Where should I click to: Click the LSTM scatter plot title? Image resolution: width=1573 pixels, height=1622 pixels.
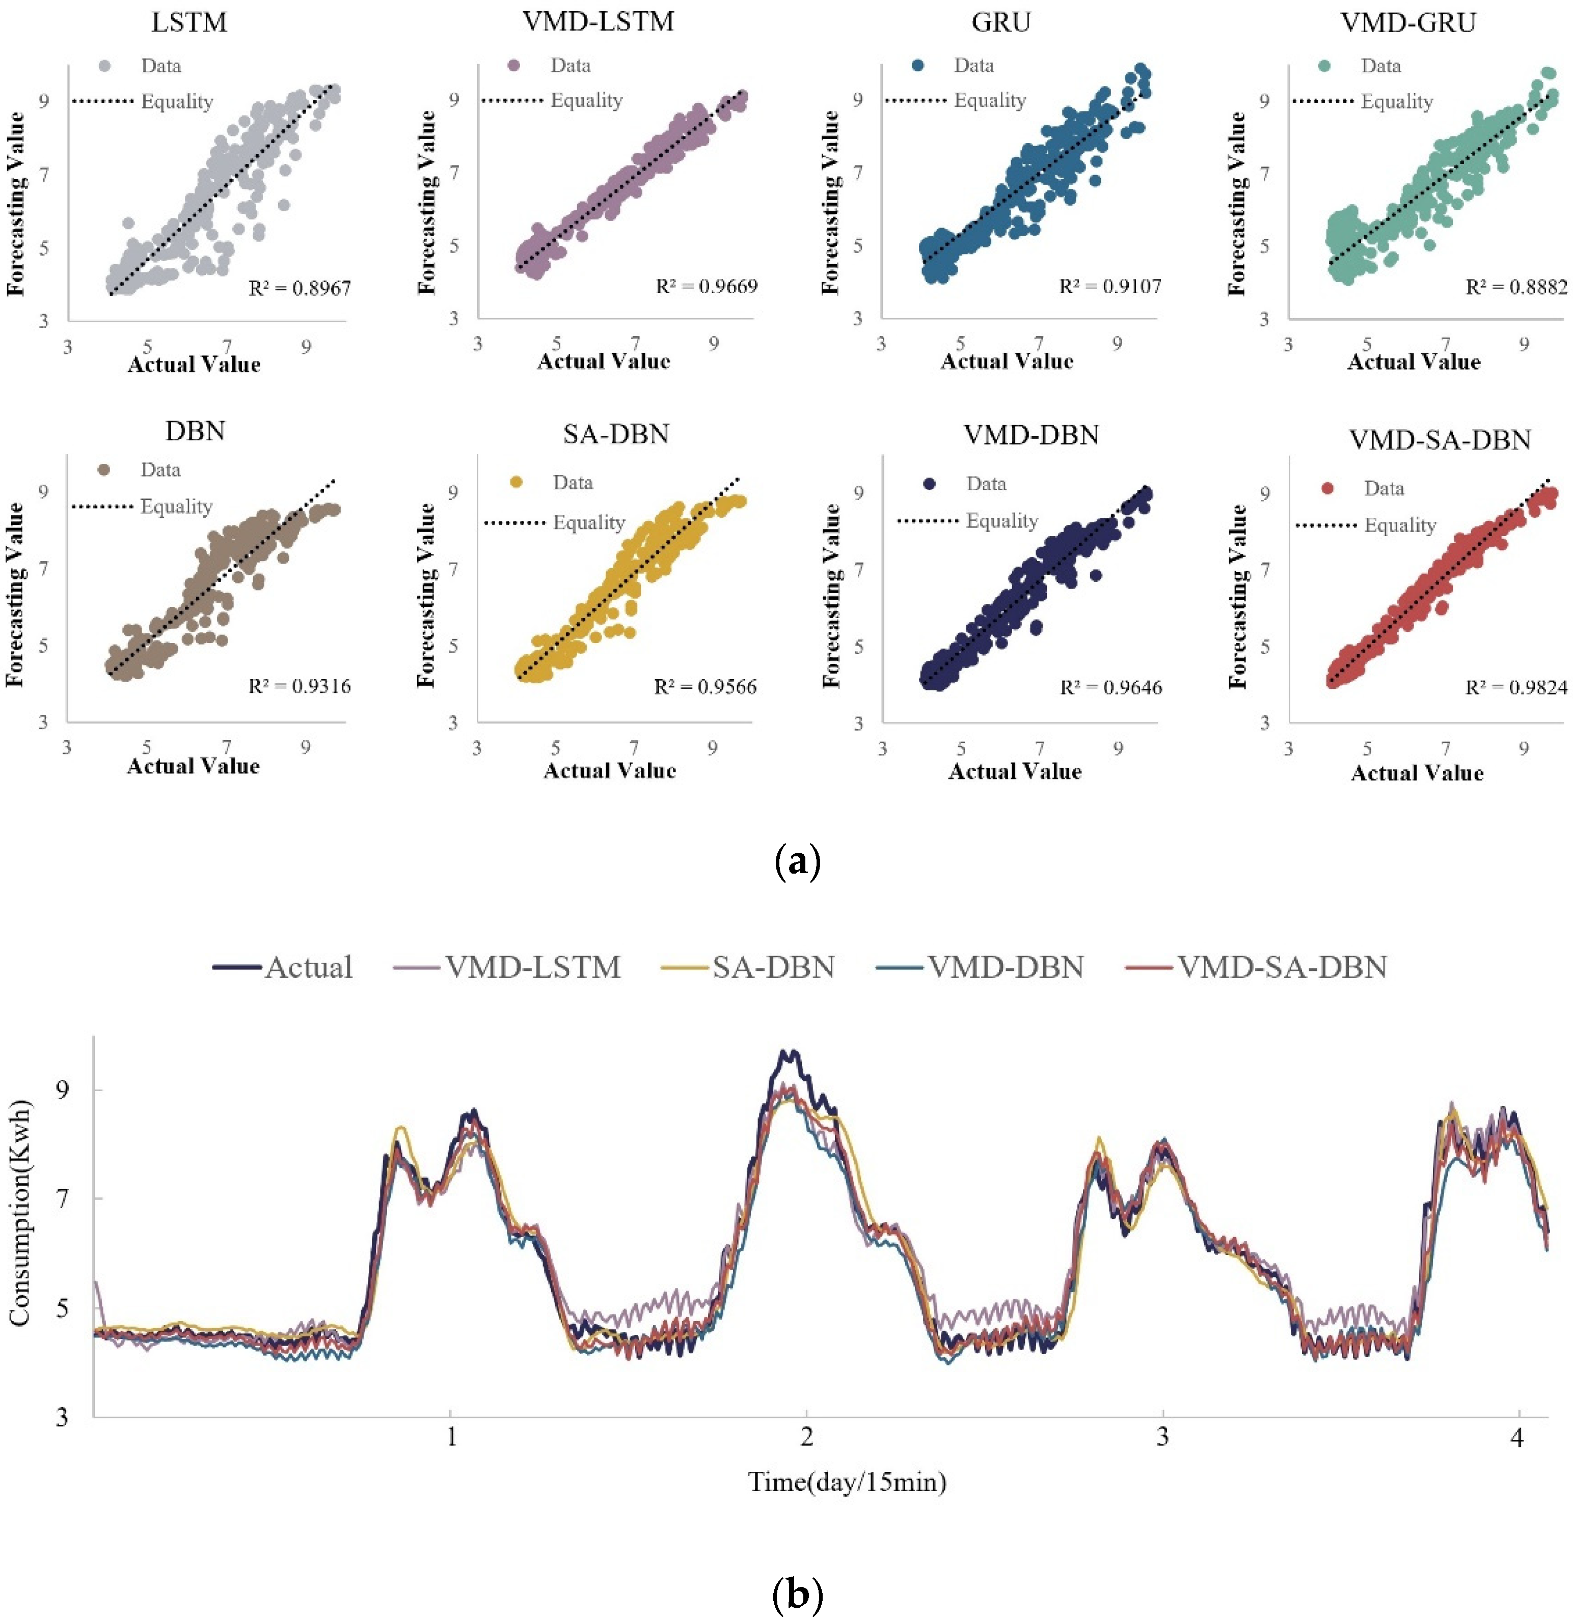[x=189, y=22]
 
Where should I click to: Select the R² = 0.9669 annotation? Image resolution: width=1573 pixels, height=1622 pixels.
[x=706, y=286]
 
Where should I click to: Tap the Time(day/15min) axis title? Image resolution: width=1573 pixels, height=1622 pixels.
[x=846, y=1481]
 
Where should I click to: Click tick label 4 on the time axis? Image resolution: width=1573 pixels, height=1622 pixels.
[x=1516, y=1438]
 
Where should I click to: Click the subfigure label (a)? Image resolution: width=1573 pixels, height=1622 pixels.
[x=797, y=861]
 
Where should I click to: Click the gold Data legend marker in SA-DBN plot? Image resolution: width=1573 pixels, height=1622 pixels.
[x=517, y=482]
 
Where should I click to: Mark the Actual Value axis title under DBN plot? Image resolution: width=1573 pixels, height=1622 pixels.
[x=193, y=766]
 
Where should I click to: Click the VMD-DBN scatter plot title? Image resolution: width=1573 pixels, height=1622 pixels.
[x=1030, y=435]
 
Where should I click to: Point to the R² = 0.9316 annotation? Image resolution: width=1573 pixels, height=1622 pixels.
[x=300, y=686]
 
